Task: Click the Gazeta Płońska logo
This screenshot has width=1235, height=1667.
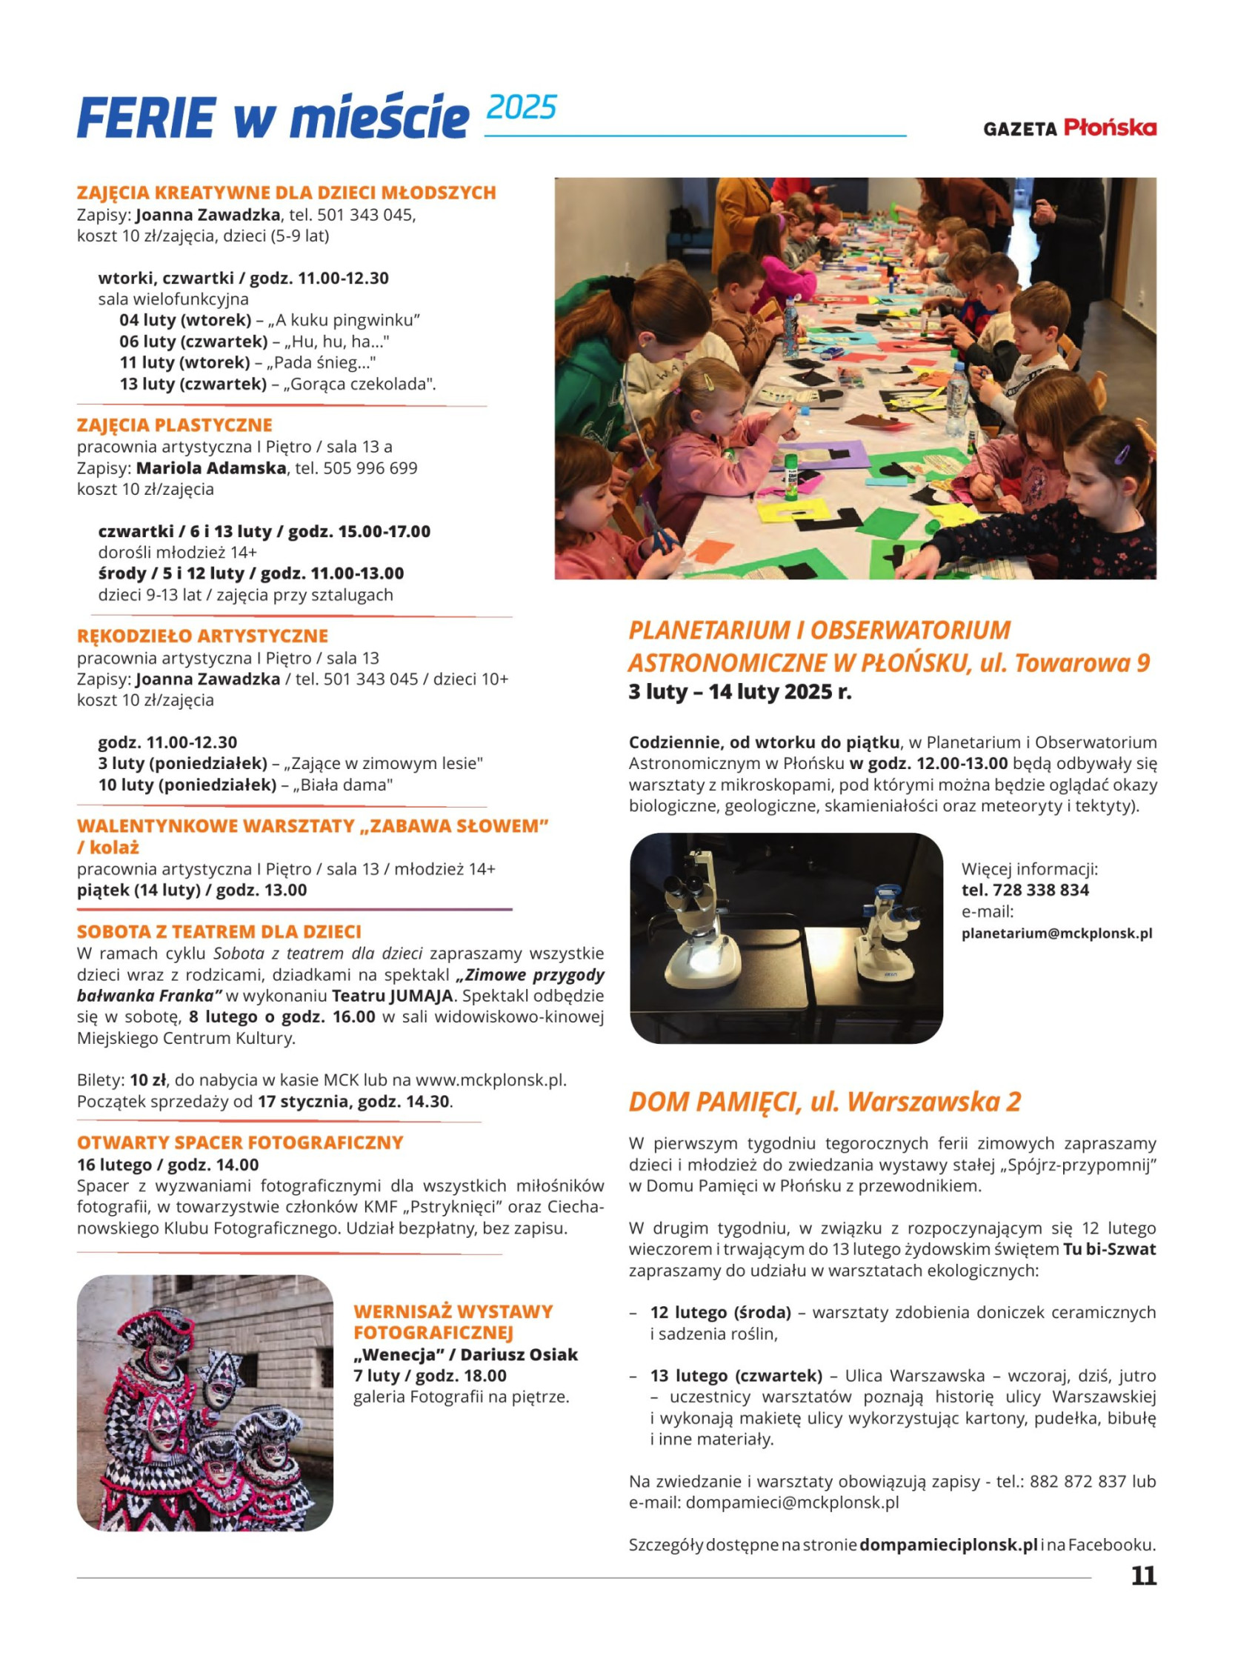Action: click(x=1069, y=128)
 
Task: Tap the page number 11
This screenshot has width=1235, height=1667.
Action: click(x=1143, y=1575)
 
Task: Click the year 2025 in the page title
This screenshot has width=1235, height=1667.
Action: click(x=521, y=108)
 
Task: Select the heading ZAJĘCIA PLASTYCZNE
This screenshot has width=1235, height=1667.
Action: click(x=174, y=425)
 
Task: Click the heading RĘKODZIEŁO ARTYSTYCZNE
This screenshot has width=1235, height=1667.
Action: click(x=202, y=636)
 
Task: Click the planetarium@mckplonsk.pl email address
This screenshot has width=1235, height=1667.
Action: click(x=1056, y=934)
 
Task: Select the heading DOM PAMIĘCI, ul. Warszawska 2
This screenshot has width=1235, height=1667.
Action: click(x=825, y=1102)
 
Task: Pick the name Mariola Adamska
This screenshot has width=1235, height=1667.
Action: click(x=212, y=469)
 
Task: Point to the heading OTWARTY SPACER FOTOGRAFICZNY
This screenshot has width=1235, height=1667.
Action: click(x=240, y=1143)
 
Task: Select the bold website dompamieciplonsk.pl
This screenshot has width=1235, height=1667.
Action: click(x=948, y=1545)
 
